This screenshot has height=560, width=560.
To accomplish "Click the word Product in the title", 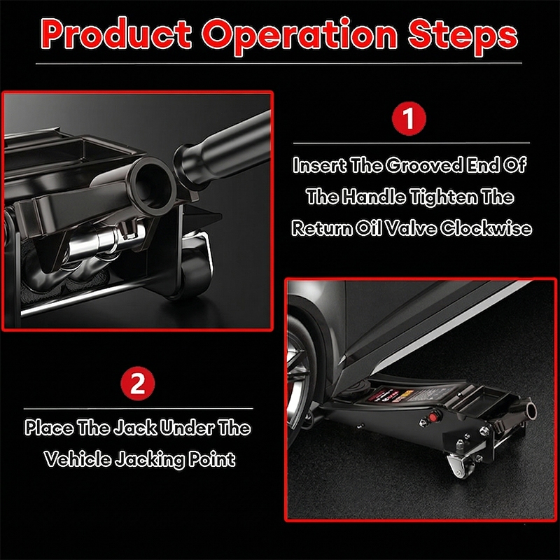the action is click(x=116, y=34).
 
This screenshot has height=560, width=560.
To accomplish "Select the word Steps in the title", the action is click(x=463, y=35).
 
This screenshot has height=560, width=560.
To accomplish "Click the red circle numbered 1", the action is click(x=409, y=118).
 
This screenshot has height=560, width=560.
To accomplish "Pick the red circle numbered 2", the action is click(x=137, y=384).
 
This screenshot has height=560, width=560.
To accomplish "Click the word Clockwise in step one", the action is click(x=486, y=228).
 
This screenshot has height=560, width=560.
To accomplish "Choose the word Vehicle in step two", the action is click(x=78, y=458).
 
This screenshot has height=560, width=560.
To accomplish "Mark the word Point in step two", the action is click(x=212, y=459).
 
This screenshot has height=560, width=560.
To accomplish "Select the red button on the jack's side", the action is click(x=433, y=417).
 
